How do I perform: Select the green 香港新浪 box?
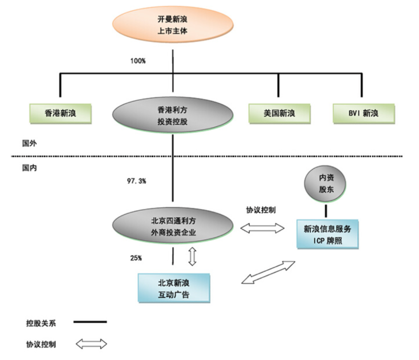click(60, 113)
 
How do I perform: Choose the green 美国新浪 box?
click(279, 113)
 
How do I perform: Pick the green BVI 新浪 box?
click(364, 113)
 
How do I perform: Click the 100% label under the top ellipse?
click(139, 61)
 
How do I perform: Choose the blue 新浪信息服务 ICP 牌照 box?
click(327, 235)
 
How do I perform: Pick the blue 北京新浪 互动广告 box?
click(173, 288)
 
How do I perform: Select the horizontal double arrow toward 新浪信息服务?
click(262, 228)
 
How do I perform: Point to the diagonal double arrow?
click(267, 272)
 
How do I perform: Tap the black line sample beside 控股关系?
click(90, 322)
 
